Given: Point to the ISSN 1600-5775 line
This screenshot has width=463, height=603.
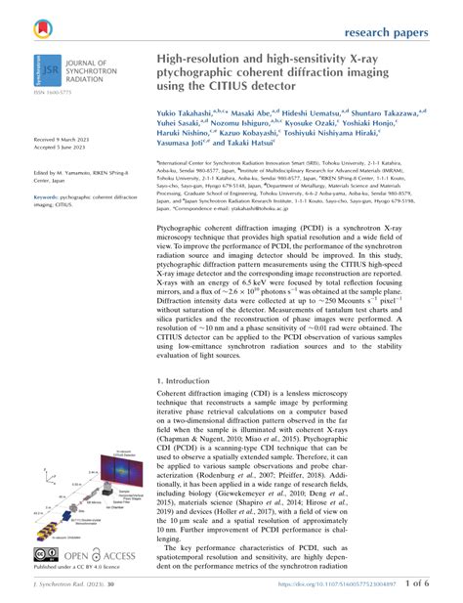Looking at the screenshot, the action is point(50,94).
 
